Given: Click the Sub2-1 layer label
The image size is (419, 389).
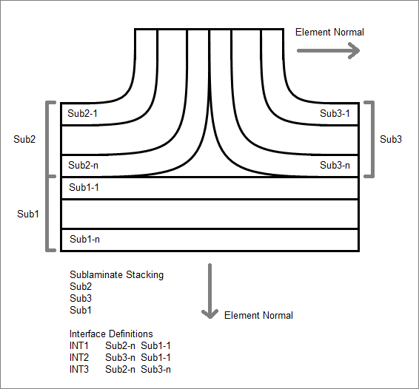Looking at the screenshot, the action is click(82, 113).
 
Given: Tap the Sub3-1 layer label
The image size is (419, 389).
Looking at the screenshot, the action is click(335, 113).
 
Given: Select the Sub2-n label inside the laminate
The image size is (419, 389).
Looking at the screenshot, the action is click(83, 165).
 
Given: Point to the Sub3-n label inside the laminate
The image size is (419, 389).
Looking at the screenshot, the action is click(335, 165).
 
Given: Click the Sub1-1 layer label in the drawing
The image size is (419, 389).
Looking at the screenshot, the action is click(84, 187).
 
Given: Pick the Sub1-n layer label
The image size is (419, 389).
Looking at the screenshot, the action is click(84, 239).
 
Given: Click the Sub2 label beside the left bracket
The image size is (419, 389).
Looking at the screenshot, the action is click(24, 139).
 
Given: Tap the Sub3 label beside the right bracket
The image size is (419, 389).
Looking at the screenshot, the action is click(391, 139).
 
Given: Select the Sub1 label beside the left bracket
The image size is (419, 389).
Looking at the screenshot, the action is click(28, 214).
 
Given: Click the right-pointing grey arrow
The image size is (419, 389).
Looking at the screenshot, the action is click(329, 50).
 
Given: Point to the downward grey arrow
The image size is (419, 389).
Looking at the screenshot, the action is click(210, 291).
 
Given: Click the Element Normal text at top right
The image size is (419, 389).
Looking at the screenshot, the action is click(329, 33).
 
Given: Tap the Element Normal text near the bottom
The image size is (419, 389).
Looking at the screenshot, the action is click(258, 316).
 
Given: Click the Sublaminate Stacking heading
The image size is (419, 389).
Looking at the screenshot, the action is click(116, 275).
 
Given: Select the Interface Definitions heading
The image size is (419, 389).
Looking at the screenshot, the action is click(111, 334).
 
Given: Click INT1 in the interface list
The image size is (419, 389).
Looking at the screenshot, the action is click(78, 346).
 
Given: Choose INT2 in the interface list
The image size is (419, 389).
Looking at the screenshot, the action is click(78, 357).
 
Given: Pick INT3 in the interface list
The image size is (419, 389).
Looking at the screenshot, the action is click(78, 370).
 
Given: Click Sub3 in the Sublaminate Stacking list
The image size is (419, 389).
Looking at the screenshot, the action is click(81, 298).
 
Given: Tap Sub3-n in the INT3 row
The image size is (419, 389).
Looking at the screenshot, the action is click(155, 370).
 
